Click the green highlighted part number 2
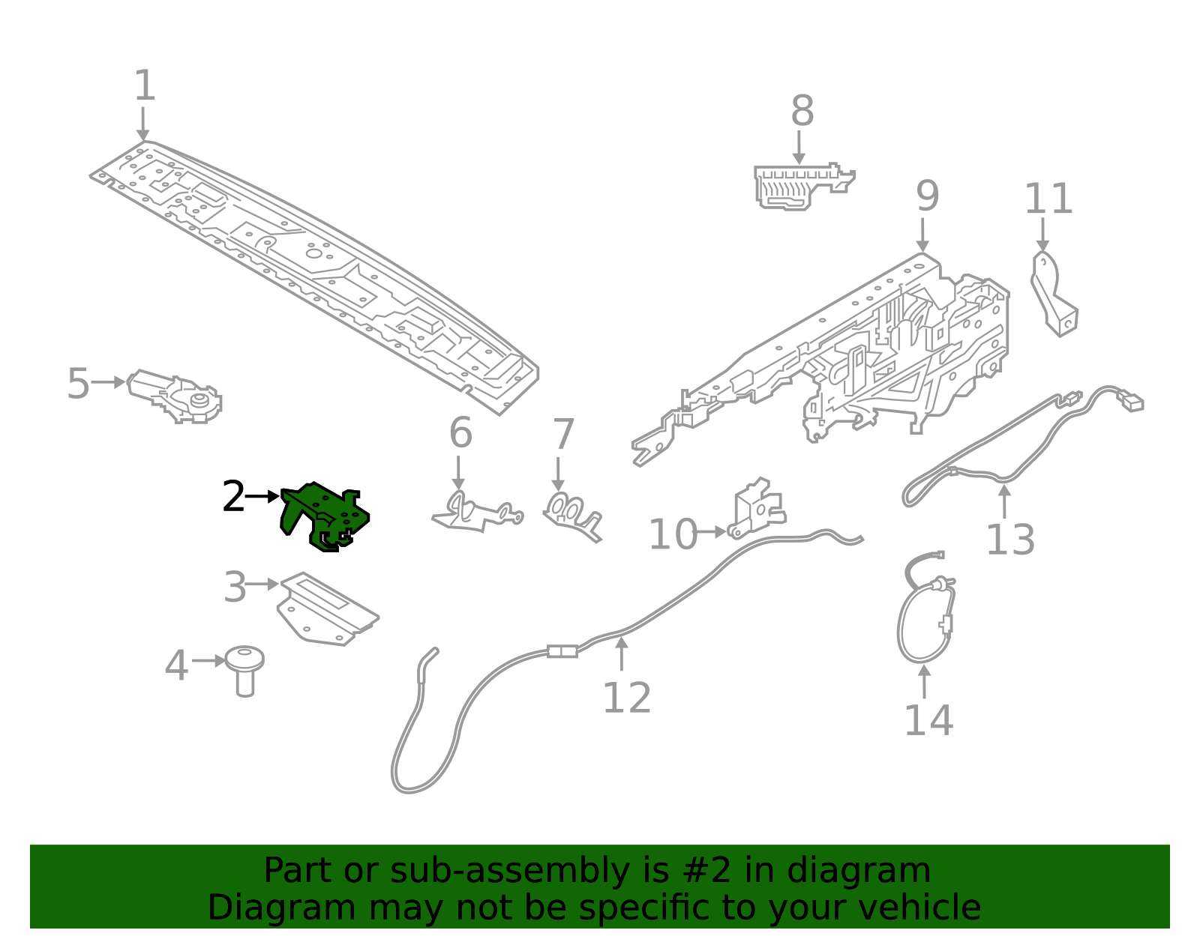tap(325, 516)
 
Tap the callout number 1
tap(145, 85)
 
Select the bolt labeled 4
tap(245, 670)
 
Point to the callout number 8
tap(802, 111)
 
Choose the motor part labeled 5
tap(175, 396)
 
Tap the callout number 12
tap(627, 698)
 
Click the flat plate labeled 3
tap(327, 609)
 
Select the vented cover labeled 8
tap(803, 186)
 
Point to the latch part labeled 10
tap(757, 509)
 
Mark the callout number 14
tap(928, 720)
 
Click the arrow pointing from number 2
tap(262, 496)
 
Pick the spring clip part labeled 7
tap(572, 517)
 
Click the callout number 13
tap(1010, 540)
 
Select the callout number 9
tap(927, 196)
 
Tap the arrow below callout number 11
tap(1042, 235)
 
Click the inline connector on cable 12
tap(562, 651)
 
